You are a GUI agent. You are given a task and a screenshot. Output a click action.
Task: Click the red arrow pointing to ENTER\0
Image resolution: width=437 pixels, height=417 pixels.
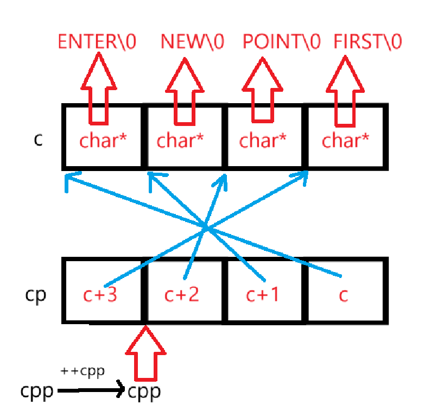coord(98,87)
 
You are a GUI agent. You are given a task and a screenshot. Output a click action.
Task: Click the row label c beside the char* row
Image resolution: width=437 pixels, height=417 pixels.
coord(37,139)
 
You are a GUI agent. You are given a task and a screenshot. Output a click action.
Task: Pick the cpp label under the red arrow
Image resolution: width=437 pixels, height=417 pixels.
coord(144,391)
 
